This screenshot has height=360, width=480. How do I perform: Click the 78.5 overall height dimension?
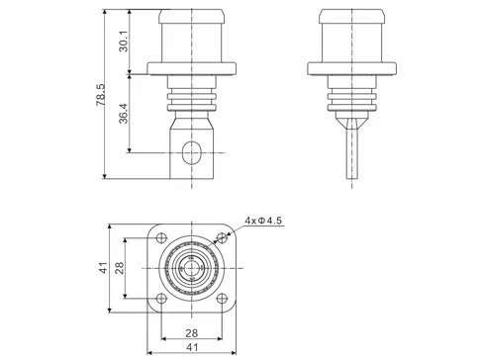point(101,99)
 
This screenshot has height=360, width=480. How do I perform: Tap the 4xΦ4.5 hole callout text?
point(262,222)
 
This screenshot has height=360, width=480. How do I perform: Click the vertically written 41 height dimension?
point(102,267)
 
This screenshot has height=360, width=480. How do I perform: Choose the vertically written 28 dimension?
point(119,267)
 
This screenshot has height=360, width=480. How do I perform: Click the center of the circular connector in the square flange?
point(189,267)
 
